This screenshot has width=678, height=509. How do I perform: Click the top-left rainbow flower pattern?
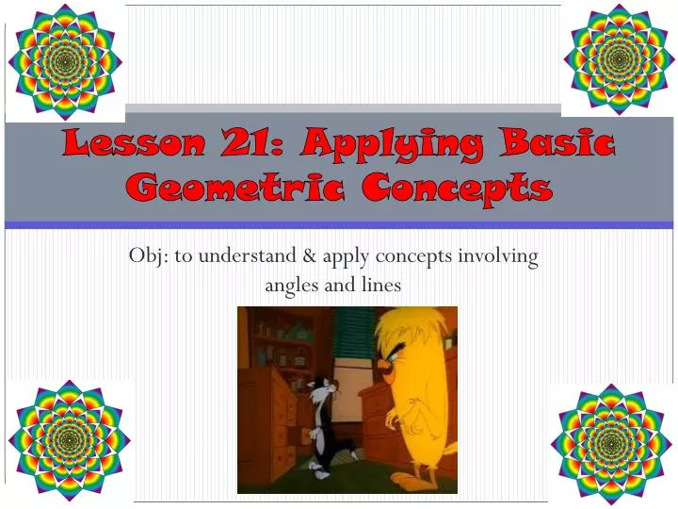[64, 61]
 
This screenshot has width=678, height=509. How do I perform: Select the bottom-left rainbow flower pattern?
[69, 441]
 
